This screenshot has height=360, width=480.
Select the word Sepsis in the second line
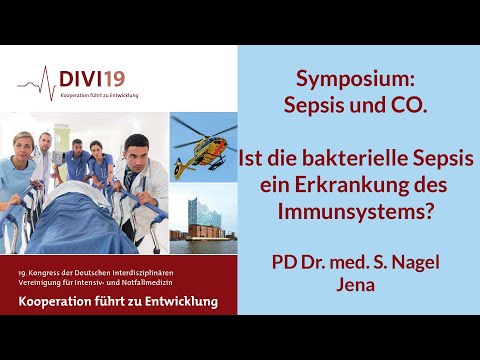click(336, 105)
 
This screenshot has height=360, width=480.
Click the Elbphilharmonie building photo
click(202, 224)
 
